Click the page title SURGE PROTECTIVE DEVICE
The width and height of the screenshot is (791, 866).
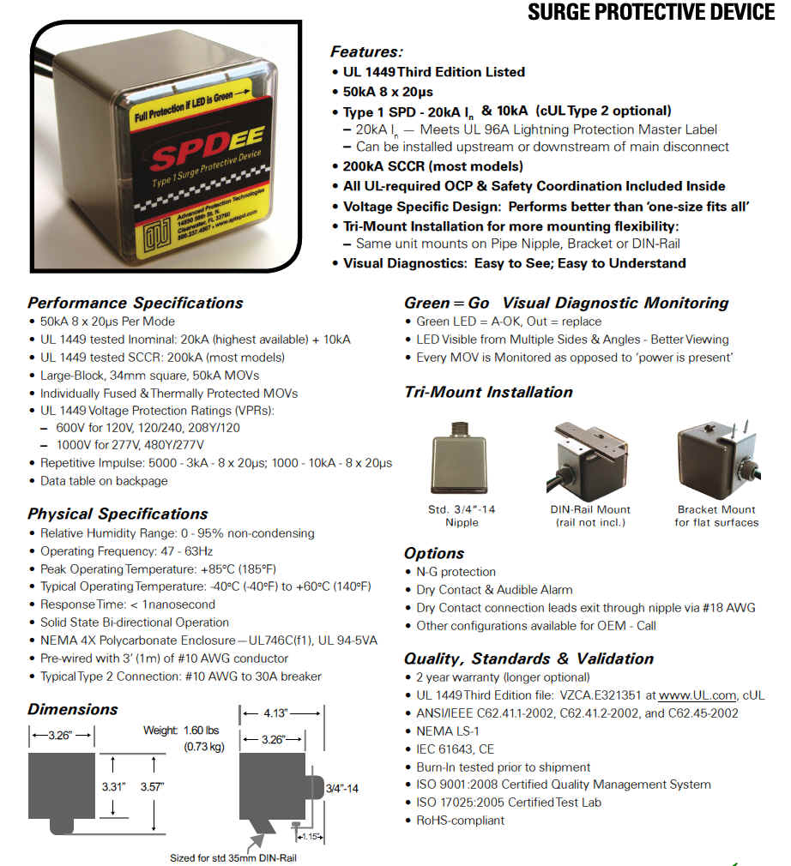[650, 12]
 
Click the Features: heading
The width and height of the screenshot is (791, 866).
[366, 51]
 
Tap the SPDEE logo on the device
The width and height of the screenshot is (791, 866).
[187, 158]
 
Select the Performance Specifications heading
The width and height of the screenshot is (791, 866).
[135, 303]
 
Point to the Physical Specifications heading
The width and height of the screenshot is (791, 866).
[118, 514]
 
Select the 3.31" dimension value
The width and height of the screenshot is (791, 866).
[114, 785]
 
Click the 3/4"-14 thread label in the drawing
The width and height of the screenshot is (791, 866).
[341, 787]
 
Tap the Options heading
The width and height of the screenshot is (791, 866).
[434, 553]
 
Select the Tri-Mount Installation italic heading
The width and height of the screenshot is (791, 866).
[488, 392]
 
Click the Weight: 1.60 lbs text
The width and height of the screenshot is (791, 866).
[183, 730]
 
